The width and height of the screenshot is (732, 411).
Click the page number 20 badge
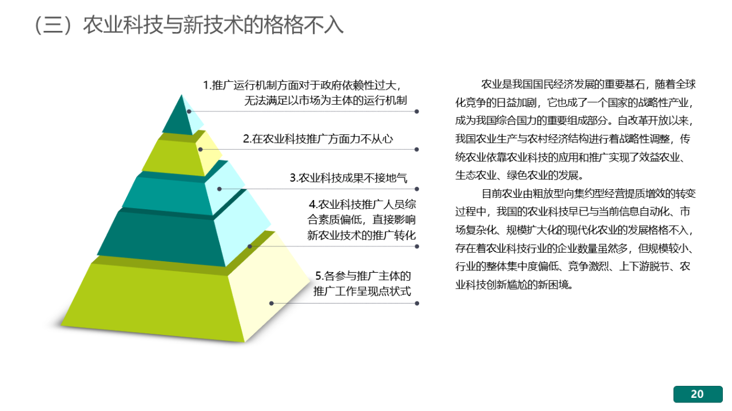698,394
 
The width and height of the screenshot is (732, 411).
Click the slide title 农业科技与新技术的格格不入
213,25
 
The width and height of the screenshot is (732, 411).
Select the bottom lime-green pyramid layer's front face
153,302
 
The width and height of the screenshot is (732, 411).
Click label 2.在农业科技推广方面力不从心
318,139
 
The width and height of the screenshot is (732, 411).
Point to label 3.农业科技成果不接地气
348,178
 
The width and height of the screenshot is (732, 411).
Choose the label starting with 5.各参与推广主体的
362,284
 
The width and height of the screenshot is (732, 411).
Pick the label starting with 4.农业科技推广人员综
361,220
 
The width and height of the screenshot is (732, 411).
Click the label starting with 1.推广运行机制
305,93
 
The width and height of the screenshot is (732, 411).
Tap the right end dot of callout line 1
417,111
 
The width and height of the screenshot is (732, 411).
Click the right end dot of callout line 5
417,303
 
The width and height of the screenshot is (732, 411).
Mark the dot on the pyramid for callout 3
220,189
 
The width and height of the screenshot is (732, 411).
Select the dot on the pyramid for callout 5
271,303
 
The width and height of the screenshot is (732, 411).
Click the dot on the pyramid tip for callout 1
189,111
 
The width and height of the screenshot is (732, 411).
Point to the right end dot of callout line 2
417,149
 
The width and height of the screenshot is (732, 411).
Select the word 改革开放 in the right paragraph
638,121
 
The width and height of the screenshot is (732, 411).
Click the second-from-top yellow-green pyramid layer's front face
173,158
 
